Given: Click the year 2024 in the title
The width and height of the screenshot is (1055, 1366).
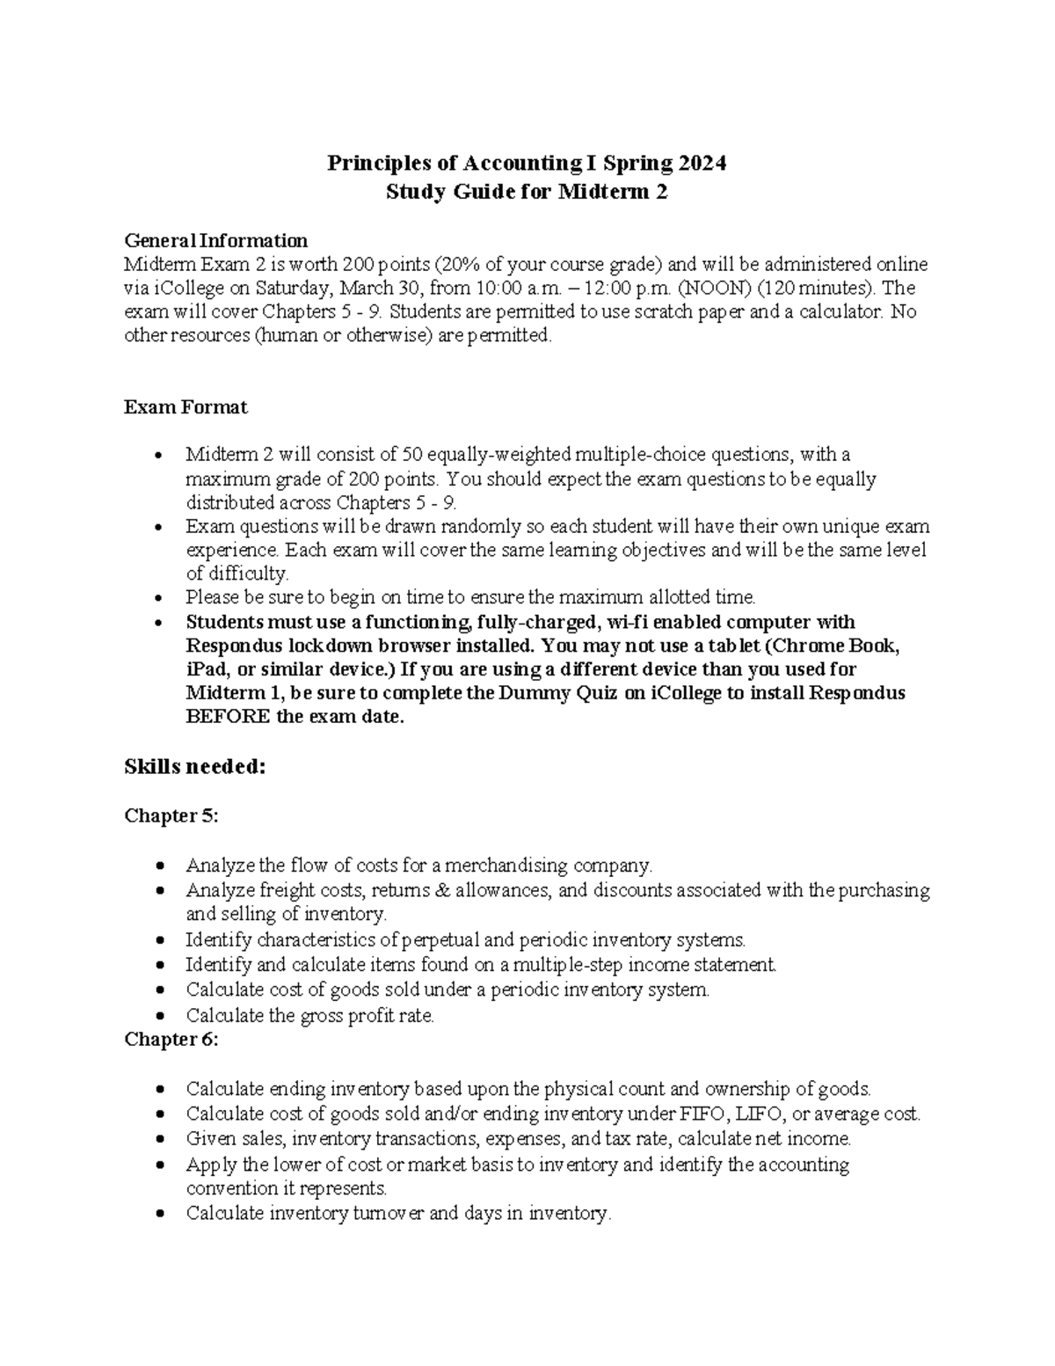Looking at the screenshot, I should [x=702, y=164].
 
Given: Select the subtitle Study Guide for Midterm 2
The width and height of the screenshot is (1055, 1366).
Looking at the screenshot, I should [x=527, y=192].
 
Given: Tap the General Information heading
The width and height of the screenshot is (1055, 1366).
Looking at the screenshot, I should [x=215, y=241].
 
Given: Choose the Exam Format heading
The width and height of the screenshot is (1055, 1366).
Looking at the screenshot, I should [x=186, y=407].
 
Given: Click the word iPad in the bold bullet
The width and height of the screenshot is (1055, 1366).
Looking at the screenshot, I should [x=203, y=669].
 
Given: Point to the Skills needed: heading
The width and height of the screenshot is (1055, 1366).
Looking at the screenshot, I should [x=194, y=767].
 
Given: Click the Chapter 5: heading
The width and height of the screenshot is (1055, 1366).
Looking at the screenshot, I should [x=171, y=816].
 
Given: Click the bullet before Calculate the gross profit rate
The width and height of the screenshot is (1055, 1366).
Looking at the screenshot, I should [x=158, y=1017].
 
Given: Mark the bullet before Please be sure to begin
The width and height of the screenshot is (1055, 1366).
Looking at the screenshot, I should [x=158, y=598].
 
